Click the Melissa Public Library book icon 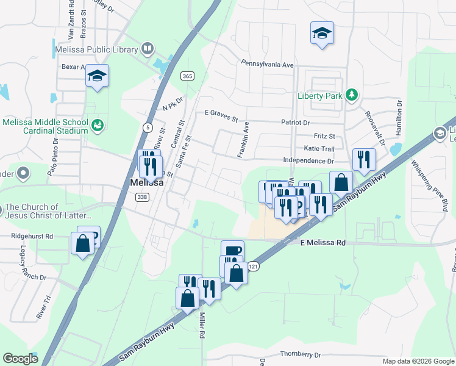click(147, 48)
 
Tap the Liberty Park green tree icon click(351, 95)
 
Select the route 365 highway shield click(187, 75)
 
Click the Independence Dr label click(308, 161)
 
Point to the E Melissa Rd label click(323, 243)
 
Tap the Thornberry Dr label click(301, 354)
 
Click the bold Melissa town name click(147, 183)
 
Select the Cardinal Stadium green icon click(97, 126)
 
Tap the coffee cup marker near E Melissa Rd click(232, 251)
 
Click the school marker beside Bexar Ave click(97, 76)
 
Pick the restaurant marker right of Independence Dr click(364, 160)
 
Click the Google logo click(20, 359)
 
